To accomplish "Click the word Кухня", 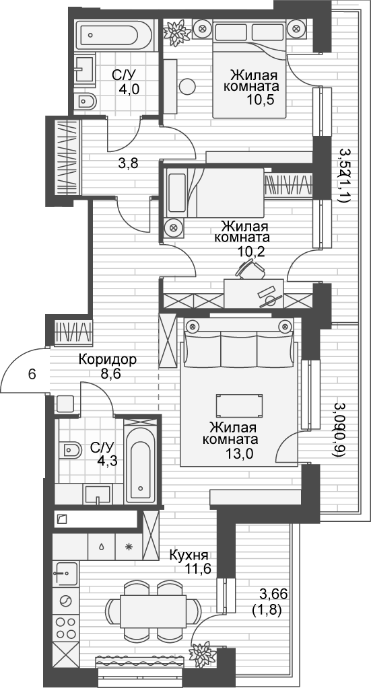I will [x=189, y=556].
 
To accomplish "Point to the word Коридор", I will [x=108, y=360].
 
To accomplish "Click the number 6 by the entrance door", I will [x=32, y=375].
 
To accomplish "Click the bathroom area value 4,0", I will [x=130, y=89].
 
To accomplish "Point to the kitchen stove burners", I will [x=65, y=627].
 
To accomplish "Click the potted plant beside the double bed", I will [x=176, y=32].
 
